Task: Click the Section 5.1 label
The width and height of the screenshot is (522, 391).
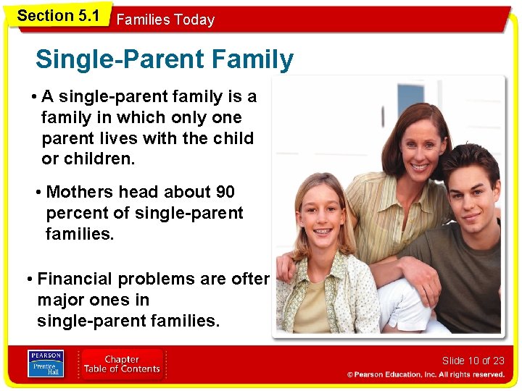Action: (x=57, y=15)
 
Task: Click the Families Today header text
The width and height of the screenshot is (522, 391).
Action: (x=165, y=20)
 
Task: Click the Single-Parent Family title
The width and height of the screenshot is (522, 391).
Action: (x=165, y=59)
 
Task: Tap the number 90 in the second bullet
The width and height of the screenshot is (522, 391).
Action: (x=225, y=192)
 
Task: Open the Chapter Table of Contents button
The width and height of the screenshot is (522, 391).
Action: (x=122, y=364)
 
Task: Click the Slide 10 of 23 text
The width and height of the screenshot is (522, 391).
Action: (x=473, y=361)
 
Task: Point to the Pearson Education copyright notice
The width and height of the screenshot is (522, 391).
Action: (x=426, y=374)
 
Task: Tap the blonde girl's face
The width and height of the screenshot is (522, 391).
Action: (x=323, y=217)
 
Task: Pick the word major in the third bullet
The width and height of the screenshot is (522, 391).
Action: (x=62, y=300)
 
